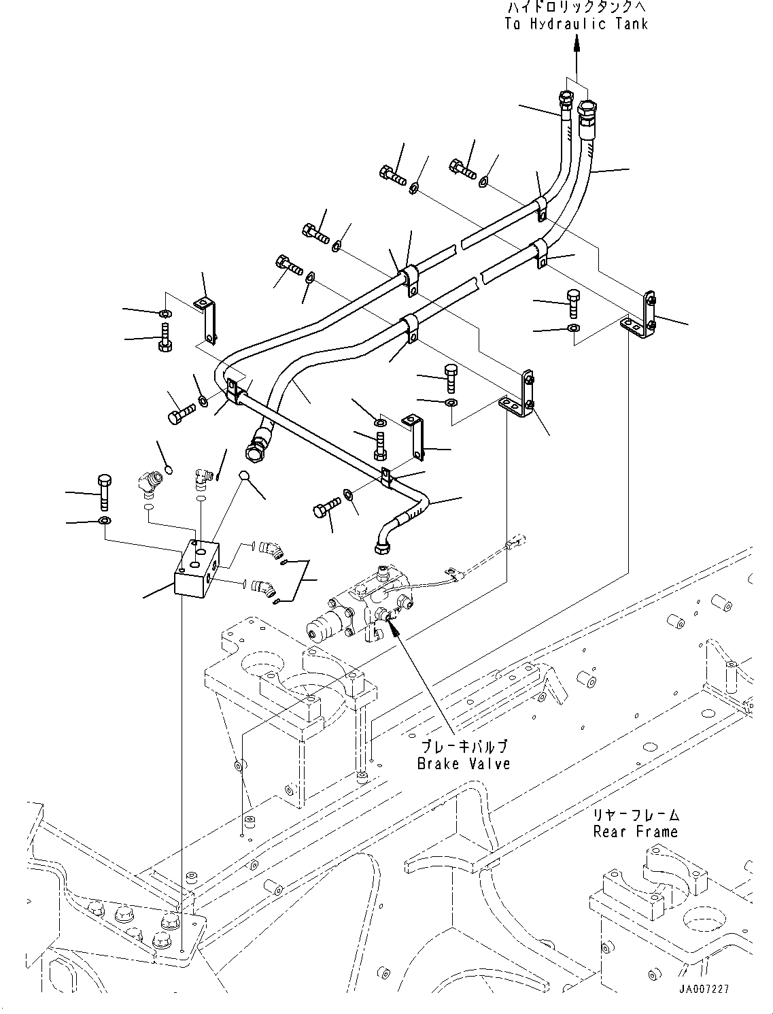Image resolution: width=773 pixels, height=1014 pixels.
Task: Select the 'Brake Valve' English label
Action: click(x=464, y=763)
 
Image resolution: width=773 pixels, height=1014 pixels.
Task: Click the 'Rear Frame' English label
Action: click(x=635, y=831)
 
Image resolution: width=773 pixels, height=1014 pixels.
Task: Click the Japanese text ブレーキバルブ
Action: click(x=464, y=747)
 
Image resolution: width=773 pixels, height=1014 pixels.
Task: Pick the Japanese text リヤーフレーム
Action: click(x=636, y=815)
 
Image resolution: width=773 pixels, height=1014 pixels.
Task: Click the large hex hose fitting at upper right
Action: click(x=587, y=109)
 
